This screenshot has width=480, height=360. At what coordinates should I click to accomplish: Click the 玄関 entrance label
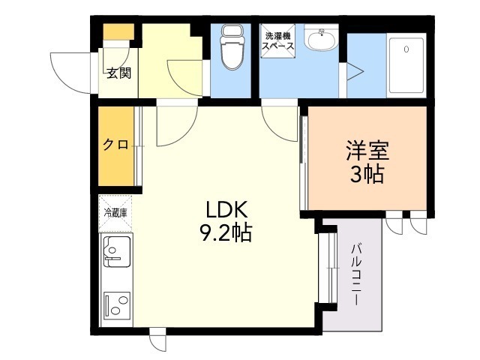(x=118, y=73)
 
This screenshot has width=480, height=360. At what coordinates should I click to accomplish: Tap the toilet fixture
(x=232, y=46)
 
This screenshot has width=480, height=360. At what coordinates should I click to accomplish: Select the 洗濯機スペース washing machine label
(x=278, y=41)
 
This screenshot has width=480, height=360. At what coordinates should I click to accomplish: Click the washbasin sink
(x=322, y=39)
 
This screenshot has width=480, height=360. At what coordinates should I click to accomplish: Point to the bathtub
(x=406, y=65)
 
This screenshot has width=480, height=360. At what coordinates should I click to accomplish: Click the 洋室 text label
(x=367, y=151)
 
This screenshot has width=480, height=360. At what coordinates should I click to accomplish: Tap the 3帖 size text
(x=367, y=175)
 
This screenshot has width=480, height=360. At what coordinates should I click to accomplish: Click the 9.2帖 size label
(x=226, y=233)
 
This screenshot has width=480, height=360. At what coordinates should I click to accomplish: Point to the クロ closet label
(x=115, y=145)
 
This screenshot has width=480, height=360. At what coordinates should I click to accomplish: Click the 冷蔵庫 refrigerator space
(x=115, y=213)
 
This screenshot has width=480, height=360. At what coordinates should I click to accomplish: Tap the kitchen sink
(x=117, y=252)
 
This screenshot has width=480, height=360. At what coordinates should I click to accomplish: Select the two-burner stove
(x=117, y=305)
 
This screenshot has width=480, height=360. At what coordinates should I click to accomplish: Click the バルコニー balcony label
(x=357, y=274)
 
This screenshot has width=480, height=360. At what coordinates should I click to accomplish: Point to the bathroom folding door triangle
(x=355, y=72)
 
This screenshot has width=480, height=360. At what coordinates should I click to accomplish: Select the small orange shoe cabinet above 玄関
(x=118, y=31)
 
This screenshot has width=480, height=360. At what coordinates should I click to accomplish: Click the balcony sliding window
(x=328, y=268)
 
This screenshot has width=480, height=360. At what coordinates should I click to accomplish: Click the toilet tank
(x=232, y=31)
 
